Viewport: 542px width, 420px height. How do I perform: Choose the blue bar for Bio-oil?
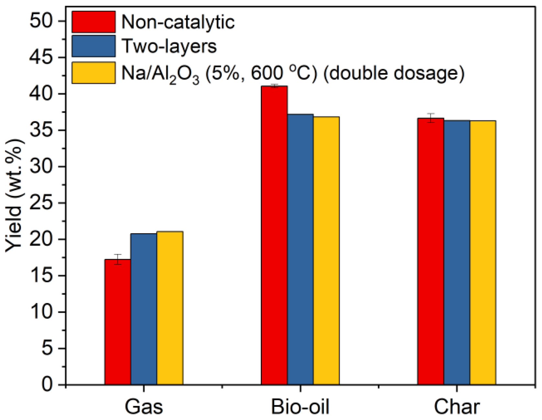coord(300,249)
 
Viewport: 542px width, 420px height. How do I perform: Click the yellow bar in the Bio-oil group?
coord(326,251)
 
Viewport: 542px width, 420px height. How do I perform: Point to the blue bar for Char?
coord(457,252)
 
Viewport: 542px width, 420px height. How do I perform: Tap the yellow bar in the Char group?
coord(482,253)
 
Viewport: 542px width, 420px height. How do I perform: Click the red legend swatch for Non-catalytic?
coord(94,22)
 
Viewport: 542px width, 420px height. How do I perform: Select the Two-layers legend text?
coord(169,46)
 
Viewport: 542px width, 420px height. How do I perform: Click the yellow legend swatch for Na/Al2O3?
coord(94,73)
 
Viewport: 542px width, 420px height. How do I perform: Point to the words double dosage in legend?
coord(394,73)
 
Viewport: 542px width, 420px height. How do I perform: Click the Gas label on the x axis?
coord(144,407)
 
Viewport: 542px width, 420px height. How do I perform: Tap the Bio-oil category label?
coord(300,407)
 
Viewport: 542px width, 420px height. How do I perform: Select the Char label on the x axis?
coord(457,407)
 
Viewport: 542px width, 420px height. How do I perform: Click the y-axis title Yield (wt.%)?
coord(15,196)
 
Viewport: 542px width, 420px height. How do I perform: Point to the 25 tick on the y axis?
coord(45,203)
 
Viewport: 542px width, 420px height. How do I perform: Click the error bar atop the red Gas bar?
coord(117,259)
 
